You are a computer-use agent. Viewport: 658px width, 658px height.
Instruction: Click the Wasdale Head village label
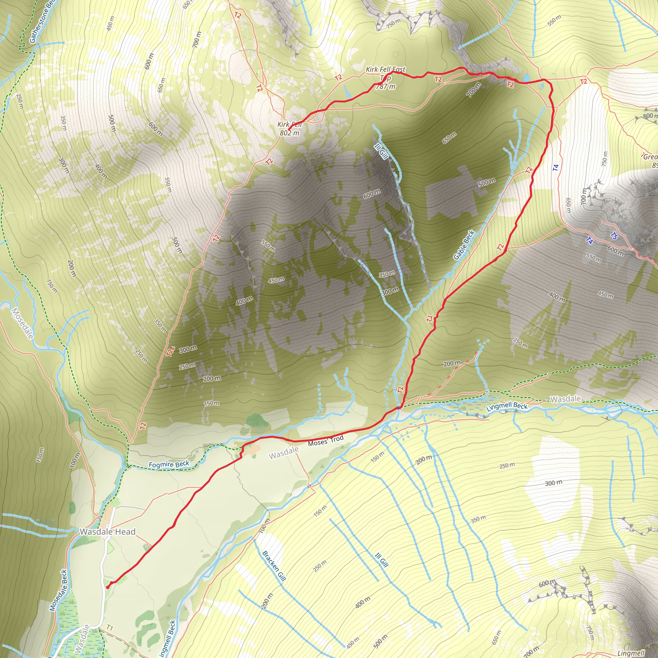coord(107,532)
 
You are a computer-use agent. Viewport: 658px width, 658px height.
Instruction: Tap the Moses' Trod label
coord(325,441)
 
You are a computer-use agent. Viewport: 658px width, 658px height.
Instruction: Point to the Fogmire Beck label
coord(169,465)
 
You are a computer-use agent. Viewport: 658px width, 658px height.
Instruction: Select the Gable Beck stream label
coord(464,245)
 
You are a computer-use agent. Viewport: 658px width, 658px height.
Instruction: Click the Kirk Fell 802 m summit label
coord(289,129)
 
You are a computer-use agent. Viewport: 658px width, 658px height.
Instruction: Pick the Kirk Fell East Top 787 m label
coord(386,78)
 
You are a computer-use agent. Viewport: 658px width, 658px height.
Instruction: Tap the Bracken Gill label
coord(273,566)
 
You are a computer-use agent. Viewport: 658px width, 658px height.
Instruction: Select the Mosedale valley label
coord(22,324)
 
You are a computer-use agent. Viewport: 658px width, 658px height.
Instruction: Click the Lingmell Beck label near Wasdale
coord(507,406)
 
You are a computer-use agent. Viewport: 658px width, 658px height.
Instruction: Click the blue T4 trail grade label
coord(556,168)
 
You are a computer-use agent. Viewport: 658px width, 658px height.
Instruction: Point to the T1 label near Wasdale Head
coord(109,627)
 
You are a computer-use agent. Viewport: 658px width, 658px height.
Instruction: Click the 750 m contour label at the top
coord(393,23)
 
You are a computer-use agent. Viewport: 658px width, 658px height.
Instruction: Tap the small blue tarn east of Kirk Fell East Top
coord(527,78)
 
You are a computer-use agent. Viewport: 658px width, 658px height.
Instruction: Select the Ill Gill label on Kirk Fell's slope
coord(381,151)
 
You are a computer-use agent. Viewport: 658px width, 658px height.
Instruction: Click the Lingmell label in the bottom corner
coord(630,653)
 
